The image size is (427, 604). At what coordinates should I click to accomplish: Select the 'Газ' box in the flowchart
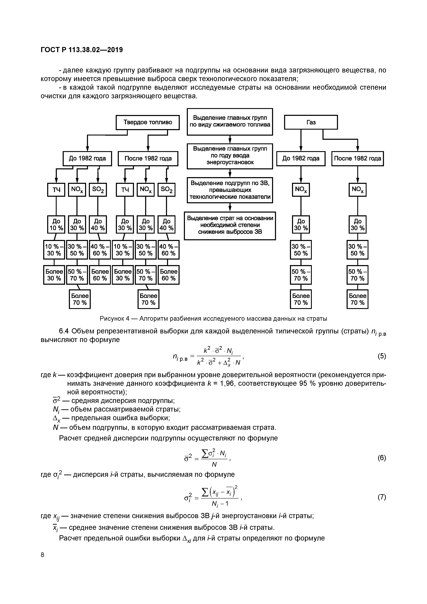pyautogui.click(x=311, y=122)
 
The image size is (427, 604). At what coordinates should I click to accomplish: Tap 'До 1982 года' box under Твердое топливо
pyautogui.click(x=87, y=158)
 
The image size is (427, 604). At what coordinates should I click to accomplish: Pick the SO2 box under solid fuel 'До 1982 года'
pyautogui.click(x=98, y=190)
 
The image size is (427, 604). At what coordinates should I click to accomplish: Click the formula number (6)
pyautogui.click(x=382, y=458)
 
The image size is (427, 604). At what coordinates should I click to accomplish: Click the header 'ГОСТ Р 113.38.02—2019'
pyautogui.click(x=82, y=50)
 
